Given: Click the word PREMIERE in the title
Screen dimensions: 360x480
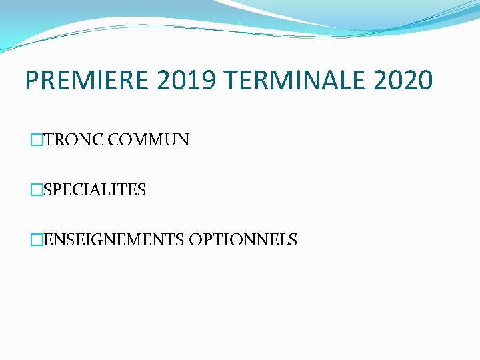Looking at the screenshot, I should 88,81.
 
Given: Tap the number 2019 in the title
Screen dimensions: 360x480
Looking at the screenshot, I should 187,81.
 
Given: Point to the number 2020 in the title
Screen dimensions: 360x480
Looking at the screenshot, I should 403,81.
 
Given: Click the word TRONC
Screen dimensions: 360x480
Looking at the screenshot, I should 73,140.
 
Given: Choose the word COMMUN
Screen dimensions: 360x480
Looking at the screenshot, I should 149,140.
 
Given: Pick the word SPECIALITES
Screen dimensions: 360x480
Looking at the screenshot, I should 94,190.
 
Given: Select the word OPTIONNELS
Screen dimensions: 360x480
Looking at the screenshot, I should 243,240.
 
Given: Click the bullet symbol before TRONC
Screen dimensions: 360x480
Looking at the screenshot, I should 35,140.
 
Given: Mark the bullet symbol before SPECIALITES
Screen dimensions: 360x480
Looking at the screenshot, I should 35,190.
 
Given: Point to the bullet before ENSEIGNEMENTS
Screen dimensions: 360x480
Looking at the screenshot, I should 35,240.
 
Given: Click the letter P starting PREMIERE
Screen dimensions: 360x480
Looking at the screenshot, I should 32,81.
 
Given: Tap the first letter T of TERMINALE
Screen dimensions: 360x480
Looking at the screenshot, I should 231,81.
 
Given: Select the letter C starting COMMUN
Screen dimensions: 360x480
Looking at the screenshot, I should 113,140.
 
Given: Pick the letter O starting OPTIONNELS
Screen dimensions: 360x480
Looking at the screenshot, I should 195,240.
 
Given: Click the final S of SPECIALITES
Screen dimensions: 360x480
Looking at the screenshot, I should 142,190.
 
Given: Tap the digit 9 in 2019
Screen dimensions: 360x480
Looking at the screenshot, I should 209,81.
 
